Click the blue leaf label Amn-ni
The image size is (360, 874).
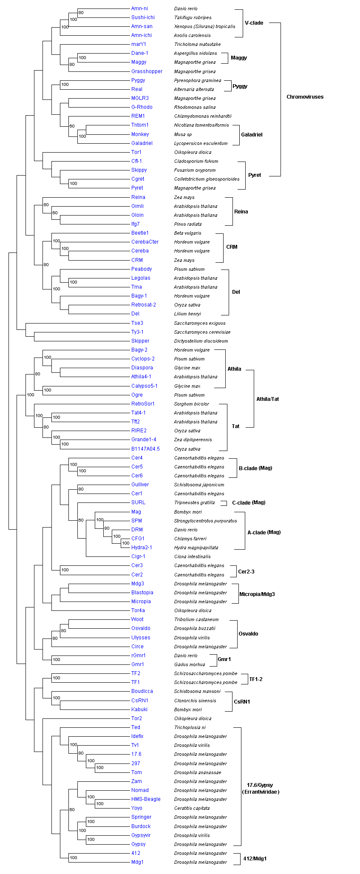(139, 9)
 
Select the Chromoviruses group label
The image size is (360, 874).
(305, 97)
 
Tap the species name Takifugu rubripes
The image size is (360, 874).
(193, 18)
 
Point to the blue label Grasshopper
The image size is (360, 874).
(147, 71)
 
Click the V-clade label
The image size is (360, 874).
(254, 23)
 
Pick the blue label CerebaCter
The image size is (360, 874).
(145, 242)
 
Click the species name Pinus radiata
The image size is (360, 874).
(188, 224)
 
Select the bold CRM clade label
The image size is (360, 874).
(232, 247)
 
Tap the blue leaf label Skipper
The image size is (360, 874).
(140, 341)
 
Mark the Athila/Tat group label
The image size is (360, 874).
(268, 399)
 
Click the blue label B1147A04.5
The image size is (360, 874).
(145, 449)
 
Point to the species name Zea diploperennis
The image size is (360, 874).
(193, 440)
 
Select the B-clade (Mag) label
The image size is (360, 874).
(255, 468)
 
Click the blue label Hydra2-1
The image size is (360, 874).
(142, 548)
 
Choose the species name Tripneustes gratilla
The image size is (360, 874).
(194, 502)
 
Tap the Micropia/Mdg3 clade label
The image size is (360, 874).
(257, 594)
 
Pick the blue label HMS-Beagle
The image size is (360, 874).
(146, 799)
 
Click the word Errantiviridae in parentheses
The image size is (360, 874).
(261, 792)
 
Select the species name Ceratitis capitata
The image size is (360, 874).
(192, 808)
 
